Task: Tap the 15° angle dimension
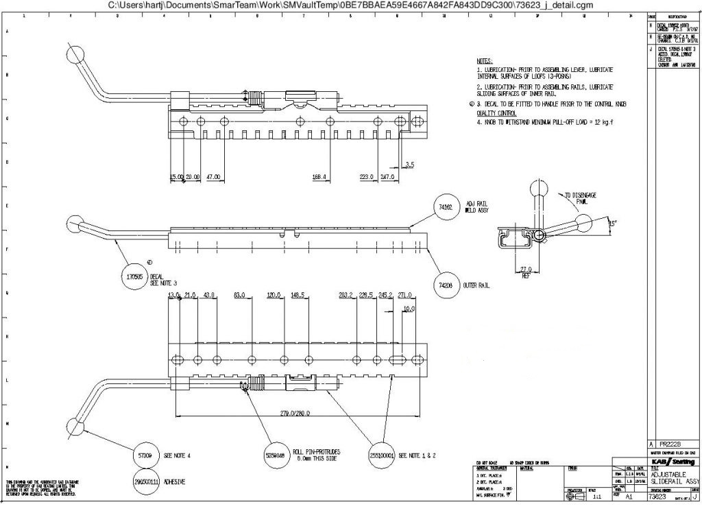613,222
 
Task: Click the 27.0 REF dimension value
526,270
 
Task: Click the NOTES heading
485,61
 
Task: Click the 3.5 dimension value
409,165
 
